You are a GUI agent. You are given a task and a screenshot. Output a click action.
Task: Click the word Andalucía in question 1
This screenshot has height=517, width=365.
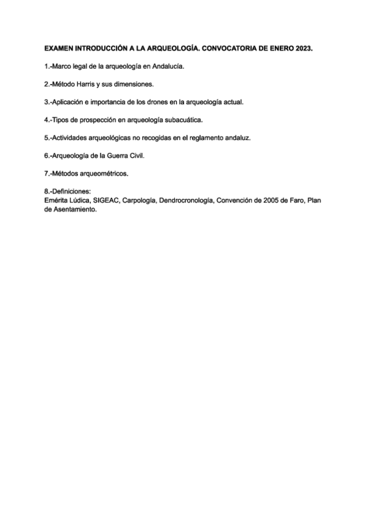pos(167,65)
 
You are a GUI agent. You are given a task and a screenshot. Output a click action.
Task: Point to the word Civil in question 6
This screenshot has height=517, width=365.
pos(137,155)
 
